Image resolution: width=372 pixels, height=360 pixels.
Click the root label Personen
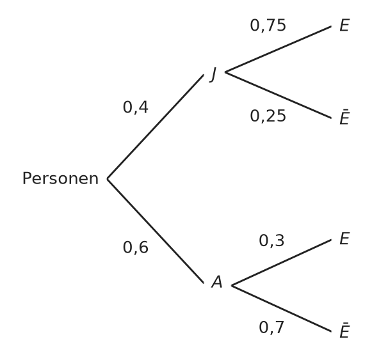[x=60, y=178]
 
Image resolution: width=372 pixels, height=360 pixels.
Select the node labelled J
[x=213, y=74]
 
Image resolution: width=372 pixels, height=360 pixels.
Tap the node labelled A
[x=217, y=282]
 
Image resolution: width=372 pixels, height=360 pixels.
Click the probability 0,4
[x=136, y=107]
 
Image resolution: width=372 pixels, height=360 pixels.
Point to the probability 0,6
[x=136, y=247]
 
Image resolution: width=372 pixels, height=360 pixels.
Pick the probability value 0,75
[x=268, y=26]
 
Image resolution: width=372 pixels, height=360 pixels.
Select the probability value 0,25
[x=268, y=116]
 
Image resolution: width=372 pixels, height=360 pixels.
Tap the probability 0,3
[x=271, y=240]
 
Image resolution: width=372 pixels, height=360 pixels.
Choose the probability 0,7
[x=271, y=328]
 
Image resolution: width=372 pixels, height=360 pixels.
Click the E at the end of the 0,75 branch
[x=344, y=25]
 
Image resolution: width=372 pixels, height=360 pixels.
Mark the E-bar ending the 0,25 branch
[x=344, y=117]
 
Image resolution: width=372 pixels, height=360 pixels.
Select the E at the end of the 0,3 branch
[x=344, y=239]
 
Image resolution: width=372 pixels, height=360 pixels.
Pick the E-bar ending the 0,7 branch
[x=344, y=330]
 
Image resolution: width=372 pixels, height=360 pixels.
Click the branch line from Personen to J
[x=156, y=127]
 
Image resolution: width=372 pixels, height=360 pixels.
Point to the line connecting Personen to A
[x=156, y=231]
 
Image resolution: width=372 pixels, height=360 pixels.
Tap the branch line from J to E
[x=278, y=49]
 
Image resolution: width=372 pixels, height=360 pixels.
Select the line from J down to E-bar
[x=278, y=95]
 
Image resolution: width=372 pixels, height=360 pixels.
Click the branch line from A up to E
[x=281, y=263]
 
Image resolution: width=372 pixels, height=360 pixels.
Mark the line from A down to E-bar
[x=281, y=308]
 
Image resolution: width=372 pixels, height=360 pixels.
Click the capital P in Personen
[x=27, y=178]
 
